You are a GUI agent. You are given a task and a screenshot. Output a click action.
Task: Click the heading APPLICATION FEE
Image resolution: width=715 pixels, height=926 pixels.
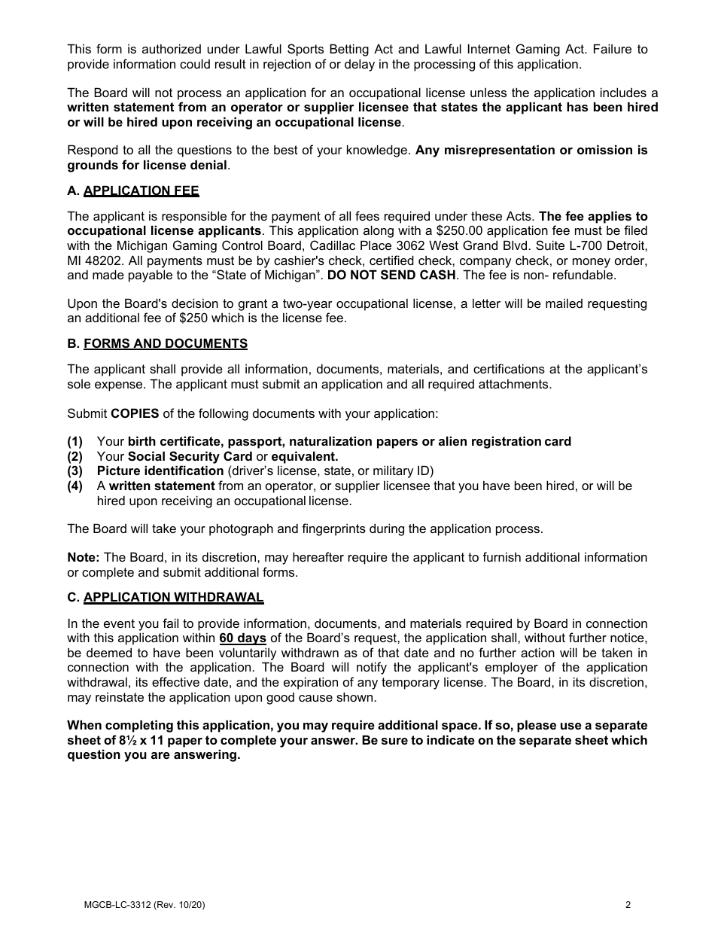tap(141, 191)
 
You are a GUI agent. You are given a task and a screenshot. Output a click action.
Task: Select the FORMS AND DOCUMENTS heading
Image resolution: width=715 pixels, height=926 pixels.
tap(165, 343)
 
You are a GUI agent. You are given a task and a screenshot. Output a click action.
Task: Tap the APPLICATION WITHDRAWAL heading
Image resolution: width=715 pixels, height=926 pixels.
tap(173, 597)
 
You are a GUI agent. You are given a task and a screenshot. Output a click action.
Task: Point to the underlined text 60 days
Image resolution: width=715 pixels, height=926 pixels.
tap(242, 638)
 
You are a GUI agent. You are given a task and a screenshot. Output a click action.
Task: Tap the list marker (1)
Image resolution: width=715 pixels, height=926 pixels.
tap(75, 441)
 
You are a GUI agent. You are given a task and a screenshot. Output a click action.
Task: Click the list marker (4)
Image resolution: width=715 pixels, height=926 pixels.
tap(75, 486)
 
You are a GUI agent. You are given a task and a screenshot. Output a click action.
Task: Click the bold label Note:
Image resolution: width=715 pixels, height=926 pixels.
tap(83, 557)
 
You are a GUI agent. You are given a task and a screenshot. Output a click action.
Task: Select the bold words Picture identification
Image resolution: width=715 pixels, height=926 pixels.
tap(160, 471)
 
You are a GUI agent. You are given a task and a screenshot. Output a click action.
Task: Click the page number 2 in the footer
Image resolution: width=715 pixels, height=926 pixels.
tap(628, 905)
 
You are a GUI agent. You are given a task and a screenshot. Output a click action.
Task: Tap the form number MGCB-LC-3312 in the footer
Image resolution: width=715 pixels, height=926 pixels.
tap(117, 905)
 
